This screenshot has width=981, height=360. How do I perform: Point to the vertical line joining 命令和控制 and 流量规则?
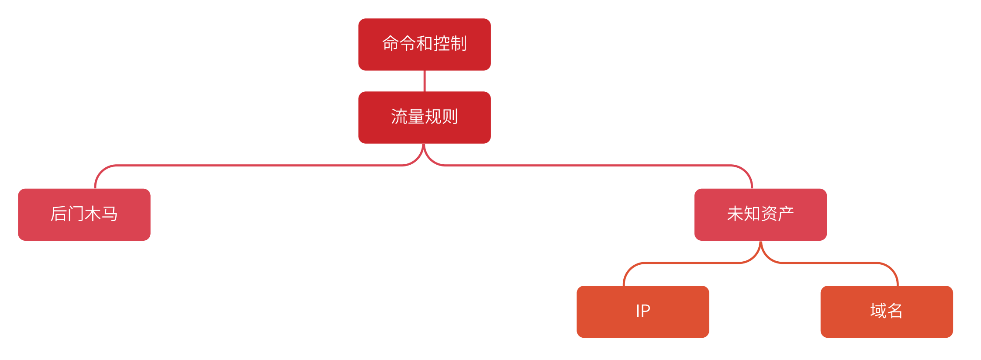(x=425, y=81)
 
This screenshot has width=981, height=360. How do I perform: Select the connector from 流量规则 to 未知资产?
(x=590, y=166)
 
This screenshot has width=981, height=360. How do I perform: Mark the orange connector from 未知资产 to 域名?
(x=830, y=263)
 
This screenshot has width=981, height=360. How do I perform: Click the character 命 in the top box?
(x=390, y=44)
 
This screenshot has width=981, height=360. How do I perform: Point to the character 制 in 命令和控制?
(x=459, y=44)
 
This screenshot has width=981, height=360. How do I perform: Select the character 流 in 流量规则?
(x=399, y=117)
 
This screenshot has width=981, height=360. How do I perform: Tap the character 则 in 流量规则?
(x=450, y=117)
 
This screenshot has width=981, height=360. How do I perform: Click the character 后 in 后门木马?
(x=59, y=214)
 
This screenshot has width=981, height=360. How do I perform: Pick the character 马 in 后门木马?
(x=110, y=214)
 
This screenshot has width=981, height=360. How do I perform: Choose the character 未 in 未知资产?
(x=735, y=214)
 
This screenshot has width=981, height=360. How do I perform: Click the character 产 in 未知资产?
(x=786, y=214)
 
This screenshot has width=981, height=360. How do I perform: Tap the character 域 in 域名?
(x=878, y=311)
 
